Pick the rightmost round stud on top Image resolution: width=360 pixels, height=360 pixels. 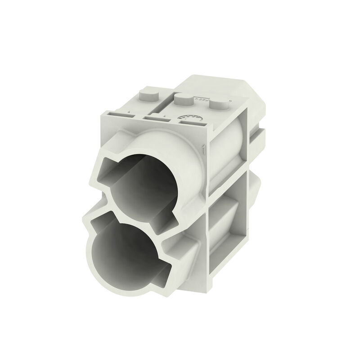(218, 106)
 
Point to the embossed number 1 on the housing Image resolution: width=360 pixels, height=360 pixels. (204, 148)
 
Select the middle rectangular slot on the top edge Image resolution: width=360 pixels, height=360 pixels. (155, 118)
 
